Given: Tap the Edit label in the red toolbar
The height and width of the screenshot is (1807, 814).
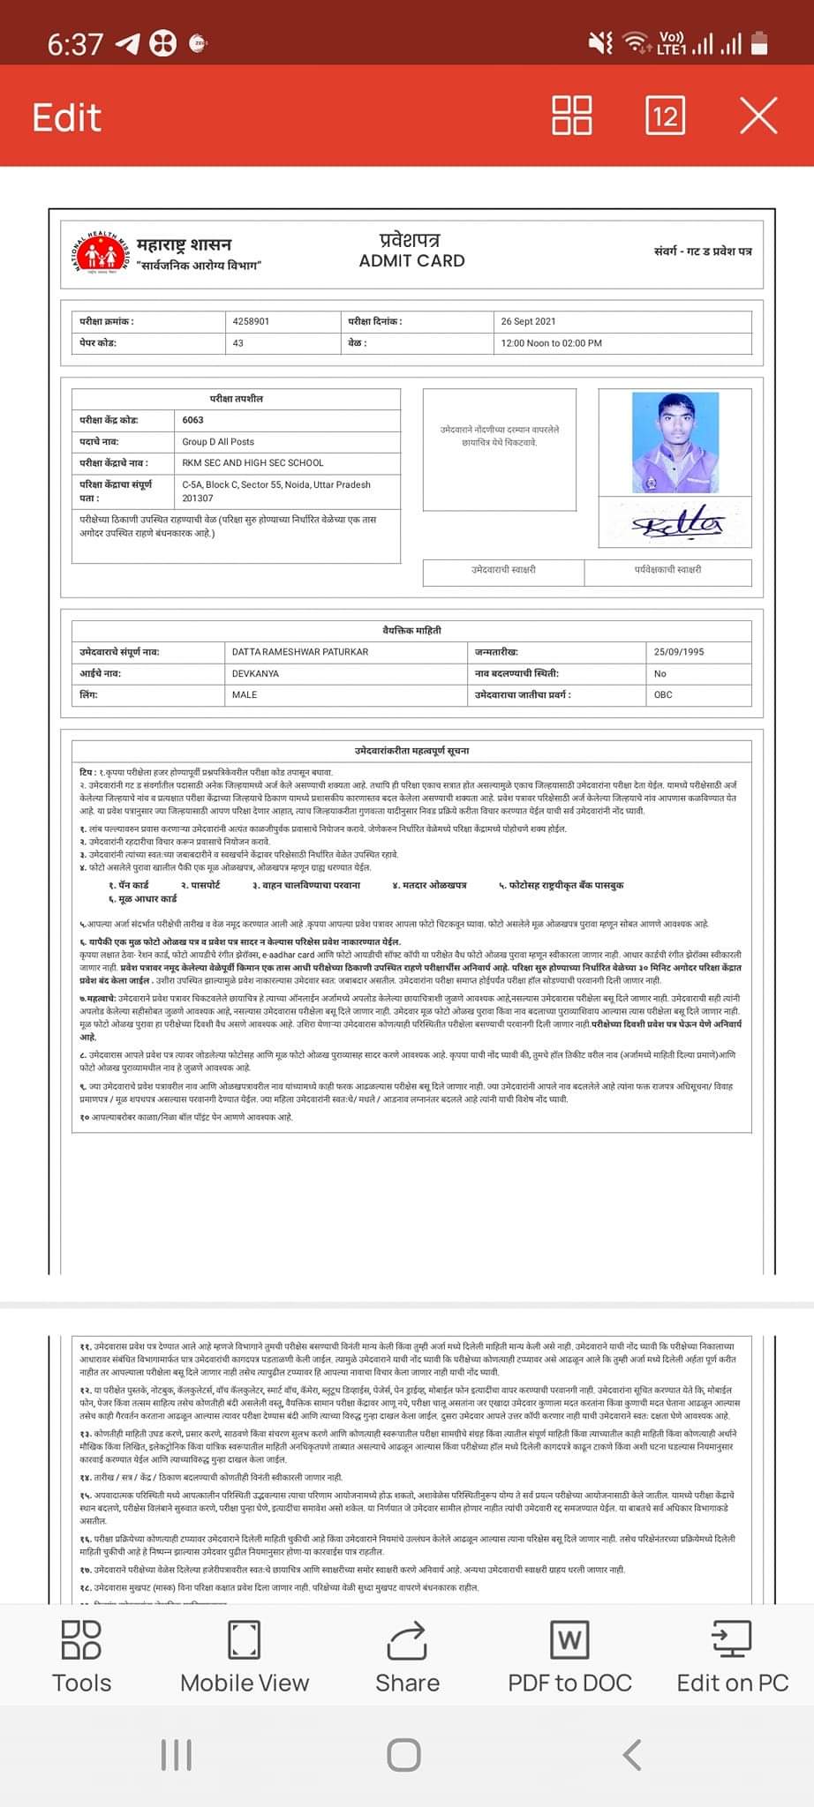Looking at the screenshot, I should pos(67,117).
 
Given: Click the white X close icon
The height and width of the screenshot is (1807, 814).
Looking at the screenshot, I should pos(758,116).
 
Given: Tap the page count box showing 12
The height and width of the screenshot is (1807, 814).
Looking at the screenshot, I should pos(665,116).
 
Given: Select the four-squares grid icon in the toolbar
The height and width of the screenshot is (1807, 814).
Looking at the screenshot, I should pos(571,116).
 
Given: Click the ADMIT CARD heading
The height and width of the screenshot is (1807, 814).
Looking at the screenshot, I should pos(411,260).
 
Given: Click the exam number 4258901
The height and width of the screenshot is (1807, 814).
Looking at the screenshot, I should pos(252,321).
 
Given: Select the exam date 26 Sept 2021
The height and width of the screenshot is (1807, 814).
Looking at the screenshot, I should pos(528,321).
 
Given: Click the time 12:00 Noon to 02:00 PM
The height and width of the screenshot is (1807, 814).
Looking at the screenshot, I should pos(551,342).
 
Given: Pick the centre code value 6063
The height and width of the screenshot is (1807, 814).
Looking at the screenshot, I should pos(193,420).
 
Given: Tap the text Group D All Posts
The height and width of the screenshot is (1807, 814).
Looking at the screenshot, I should pos(218,441).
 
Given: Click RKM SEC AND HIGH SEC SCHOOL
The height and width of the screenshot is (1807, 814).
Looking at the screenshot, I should pos(253,462).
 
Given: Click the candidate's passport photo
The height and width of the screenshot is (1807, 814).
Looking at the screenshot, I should pos(676,443).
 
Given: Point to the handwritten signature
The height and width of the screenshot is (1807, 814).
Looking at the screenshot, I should pos(676,525).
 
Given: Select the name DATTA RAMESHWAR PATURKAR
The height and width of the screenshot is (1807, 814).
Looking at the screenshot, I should pos(300,652).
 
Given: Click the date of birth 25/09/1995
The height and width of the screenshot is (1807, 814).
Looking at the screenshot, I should pos(679,652).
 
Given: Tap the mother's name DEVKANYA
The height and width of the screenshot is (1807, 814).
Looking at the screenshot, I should pos(255,673).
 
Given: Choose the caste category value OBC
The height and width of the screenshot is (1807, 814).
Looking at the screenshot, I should pos(663,694).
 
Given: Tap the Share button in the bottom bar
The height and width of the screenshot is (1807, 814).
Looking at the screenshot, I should pos(407,1657).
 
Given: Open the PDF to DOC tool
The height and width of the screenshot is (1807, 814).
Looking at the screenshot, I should pos(569,1657).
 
